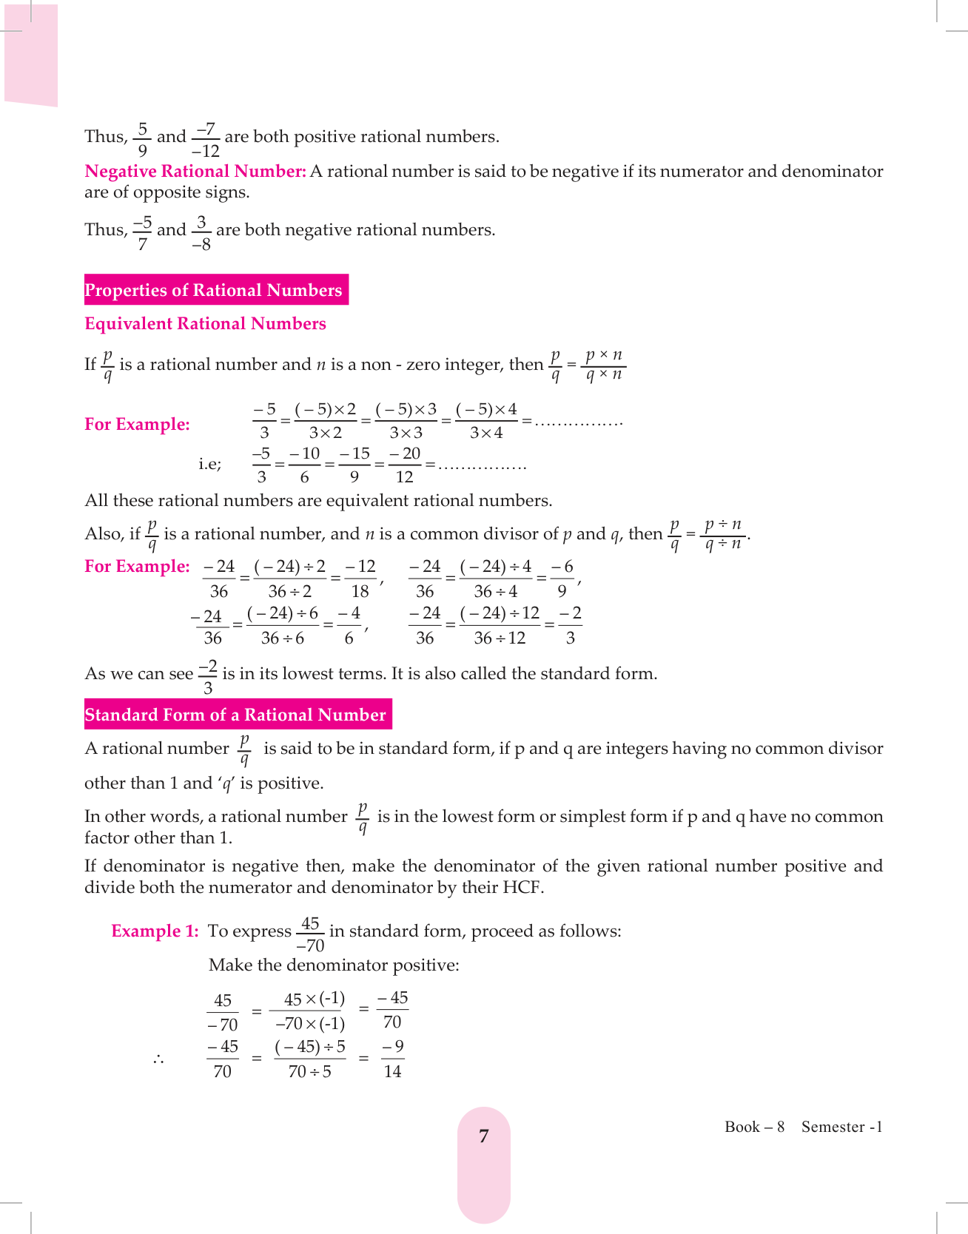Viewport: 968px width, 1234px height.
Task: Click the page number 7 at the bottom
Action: pos(484,1136)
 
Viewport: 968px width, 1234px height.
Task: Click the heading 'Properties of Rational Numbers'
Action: pos(214,290)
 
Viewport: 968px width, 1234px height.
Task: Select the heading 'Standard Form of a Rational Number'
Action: pos(236,715)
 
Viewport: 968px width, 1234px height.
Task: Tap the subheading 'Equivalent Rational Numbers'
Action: pos(205,324)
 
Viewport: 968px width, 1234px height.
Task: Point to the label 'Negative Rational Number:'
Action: pos(195,172)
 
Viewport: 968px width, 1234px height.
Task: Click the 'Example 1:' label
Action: pos(155,931)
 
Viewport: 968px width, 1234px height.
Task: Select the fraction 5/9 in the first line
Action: pos(143,139)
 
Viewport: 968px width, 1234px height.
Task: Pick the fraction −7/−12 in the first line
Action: pos(205,140)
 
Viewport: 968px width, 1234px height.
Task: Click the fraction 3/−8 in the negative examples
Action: pos(201,233)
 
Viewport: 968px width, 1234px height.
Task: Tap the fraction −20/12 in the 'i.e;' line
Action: pos(405,465)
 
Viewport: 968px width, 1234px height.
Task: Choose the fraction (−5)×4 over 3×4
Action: pos(486,421)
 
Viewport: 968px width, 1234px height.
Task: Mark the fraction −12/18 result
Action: pos(360,579)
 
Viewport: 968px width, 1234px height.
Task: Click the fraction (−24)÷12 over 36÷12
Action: pos(500,625)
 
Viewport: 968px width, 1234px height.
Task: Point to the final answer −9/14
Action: pos(393,1059)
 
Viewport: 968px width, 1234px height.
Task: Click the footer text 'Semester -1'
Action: pos(841,1127)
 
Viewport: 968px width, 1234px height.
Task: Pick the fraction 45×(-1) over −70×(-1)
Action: pos(311,1011)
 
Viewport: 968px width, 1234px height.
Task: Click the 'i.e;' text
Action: pos(209,465)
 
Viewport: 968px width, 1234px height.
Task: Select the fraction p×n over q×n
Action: pos(604,364)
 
